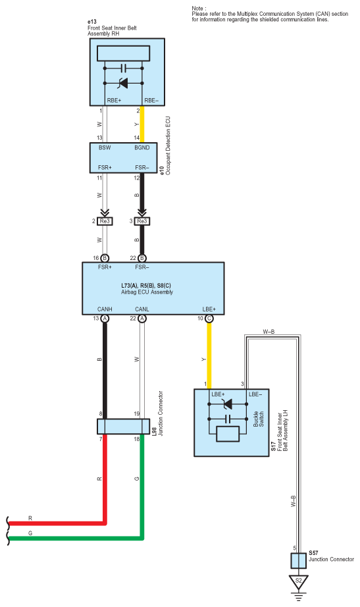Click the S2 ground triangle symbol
coord(298,581)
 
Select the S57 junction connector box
coord(298,560)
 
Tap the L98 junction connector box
coord(123,426)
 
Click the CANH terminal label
coord(105,309)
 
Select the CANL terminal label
coord(142,309)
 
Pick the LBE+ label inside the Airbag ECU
coord(209,309)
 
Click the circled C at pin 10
coord(209,318)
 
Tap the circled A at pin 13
coord(105,318)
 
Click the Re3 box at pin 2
coord(105,221)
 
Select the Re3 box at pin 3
coord(142,221)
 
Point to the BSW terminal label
coord(105,147)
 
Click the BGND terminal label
coord(142,147)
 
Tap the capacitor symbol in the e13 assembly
coord(124,68)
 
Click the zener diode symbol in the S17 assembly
coord(228,404)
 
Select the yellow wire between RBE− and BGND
coord(142,124)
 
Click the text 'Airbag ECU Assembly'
coord(147,292)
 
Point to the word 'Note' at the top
coord(197,8)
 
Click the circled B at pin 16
coord(105,258)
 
